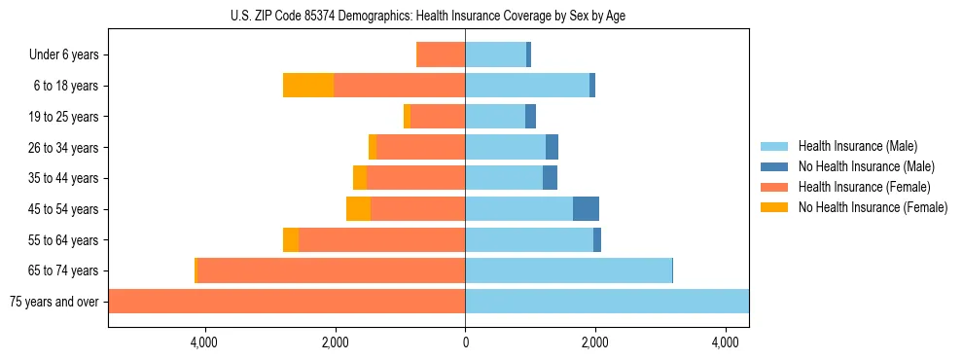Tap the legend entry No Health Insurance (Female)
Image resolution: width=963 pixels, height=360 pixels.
click(873, 207)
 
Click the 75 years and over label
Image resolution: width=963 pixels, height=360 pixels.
click(54, 302)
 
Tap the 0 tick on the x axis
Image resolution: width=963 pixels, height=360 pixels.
click(465, 342)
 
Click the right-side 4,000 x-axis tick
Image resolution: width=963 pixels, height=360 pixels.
click(725, 342)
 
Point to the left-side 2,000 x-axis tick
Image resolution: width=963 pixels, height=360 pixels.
click(335, 342)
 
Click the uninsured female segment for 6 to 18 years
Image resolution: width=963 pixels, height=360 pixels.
click(308, 86)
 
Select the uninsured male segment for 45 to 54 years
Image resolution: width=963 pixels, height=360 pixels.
click(586, 208)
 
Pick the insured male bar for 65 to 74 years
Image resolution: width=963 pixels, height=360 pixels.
click(568, 270)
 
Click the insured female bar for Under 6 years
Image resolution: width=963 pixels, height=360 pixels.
click(441, 54)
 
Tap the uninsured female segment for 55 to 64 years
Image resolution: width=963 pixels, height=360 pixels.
click(291, 239)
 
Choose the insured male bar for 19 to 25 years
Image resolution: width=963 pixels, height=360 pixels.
click(495, 117)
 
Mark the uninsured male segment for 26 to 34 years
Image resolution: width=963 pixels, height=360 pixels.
click(552, 147)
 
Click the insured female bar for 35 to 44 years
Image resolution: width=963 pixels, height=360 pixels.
click(415, 178)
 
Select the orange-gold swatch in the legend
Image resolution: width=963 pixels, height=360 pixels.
click(775, 207)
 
